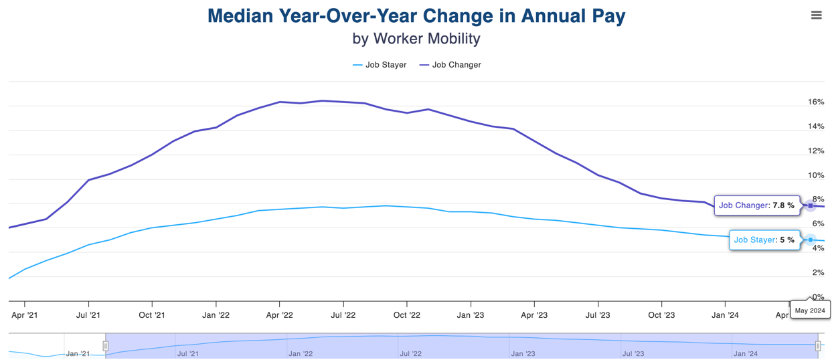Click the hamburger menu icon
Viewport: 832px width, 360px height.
click(x=816, y=15)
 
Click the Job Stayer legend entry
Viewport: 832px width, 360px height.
click(x=380, y=65)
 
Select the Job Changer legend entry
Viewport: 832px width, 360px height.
click(x=450, y=65)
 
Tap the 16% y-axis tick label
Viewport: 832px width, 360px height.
click(x=816, y=102)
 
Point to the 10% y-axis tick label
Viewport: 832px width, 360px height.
click(x=816, y=175)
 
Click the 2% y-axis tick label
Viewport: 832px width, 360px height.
click(x=818, y=272)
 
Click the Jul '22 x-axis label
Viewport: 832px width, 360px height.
click(x=343, y=315)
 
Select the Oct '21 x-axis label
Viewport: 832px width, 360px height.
click(x=152, y=315)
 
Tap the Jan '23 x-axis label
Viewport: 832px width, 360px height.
click(x=471, y=315)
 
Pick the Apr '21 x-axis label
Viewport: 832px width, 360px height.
click(x=25, y=315)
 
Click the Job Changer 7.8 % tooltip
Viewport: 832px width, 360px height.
click(x=757, y=205)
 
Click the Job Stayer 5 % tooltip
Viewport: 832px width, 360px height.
click(x=764, y=240)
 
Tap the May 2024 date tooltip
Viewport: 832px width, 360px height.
click(x=810, y=310)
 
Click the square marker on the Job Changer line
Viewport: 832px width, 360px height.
click(x=811, y=205)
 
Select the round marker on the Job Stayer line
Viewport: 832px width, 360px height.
click(x=811, y=240)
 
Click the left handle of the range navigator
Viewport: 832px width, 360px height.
click(x=106, y=346)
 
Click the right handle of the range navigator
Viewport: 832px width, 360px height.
click(x=818, y=346)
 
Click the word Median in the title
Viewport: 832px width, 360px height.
click(x=240, y=16)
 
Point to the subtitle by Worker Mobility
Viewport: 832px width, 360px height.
click(x=416, y=39)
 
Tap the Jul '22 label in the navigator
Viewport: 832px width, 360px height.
click(x=410, y=354)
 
